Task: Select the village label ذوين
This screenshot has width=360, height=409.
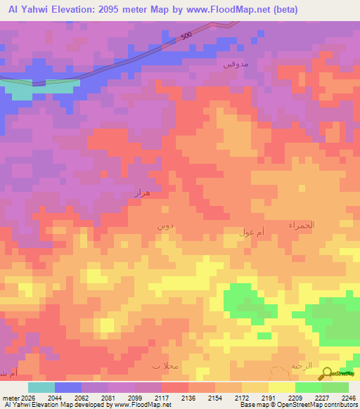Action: [162, 226]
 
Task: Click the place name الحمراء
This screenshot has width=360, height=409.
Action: [302, 225]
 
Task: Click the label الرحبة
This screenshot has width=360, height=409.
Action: [301, 367]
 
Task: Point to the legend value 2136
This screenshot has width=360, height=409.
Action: [188, 397]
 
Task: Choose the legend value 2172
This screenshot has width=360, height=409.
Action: [242, 397]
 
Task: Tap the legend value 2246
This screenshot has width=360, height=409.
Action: [349, 397]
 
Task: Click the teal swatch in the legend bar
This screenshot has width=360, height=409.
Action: [41, 387]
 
